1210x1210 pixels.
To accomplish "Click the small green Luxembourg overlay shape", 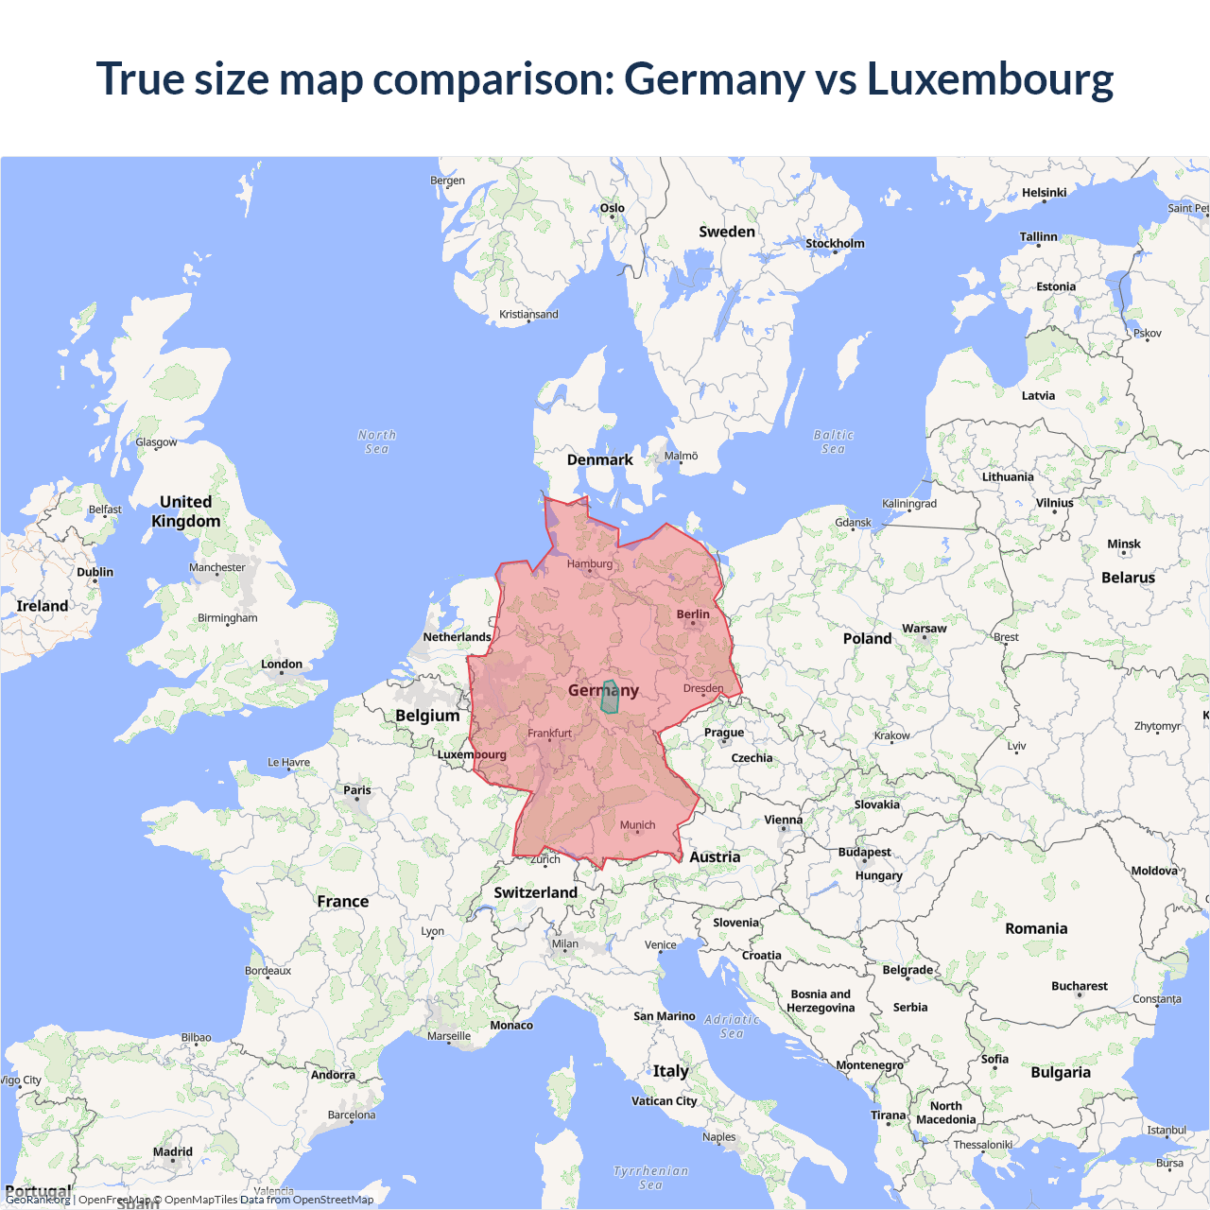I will tap(609, 697).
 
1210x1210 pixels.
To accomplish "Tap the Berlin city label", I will tap(693, 614).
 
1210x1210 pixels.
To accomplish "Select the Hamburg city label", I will tap(590, 564).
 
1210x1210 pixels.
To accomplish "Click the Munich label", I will tap(637, 825).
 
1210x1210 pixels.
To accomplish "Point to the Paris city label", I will tap(357, 790).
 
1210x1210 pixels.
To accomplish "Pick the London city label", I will tap(282, 665).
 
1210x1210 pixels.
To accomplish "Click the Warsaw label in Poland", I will tap(924, 629).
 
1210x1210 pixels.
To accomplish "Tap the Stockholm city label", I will tap(835, 244).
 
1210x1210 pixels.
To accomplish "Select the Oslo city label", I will tap(612, 208).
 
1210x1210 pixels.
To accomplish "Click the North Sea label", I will tap(377, 441).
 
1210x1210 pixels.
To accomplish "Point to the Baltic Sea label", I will tap(833, 441).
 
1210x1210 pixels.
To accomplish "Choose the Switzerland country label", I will tap(535, 892).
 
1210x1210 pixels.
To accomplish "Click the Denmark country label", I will tap(599, 460).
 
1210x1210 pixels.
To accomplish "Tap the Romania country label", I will tap(1036, 929).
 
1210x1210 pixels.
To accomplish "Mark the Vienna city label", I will tap(783, 821).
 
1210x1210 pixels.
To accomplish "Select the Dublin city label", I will tap(95, 572).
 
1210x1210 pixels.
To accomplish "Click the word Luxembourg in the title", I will tap(990, 79).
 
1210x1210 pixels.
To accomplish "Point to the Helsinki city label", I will tap(1044, 193).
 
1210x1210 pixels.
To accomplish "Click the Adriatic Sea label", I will tap(732, 1026).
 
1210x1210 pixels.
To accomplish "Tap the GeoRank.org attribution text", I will tap(38, 1200).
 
